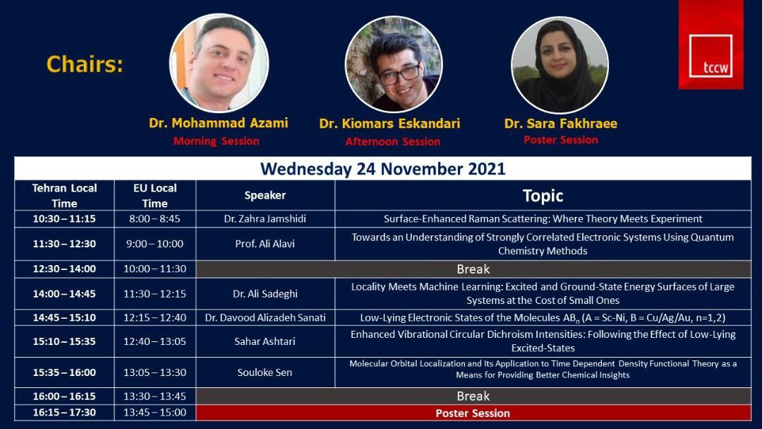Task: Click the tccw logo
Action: coord(710,45)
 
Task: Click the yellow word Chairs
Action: coord(85,64)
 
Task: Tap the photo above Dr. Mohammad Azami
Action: coord(219,64)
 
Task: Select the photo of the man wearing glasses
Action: coord(394,64)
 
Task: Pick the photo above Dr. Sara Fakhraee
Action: coord(560,65)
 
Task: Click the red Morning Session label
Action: coord(217,141)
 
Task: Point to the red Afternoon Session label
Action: coord(393,141)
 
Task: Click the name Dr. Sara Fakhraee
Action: coord(561,124)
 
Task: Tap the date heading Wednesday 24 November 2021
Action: coord(383,169)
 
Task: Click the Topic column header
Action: coord(543,196)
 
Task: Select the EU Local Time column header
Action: coord(155,196)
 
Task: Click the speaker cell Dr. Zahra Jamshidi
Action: coord(265,219)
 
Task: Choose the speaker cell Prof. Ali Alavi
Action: coord(265,244)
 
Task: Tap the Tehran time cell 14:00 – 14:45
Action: coord(64,294)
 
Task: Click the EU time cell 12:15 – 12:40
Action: coord(155,318)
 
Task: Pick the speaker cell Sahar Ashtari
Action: coord(265,341)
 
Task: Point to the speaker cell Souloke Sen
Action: coord(265,372)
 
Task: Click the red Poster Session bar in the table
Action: coord(473,413)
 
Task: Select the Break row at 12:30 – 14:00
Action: coord(473,269)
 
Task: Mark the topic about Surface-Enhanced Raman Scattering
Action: coord(543,219)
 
